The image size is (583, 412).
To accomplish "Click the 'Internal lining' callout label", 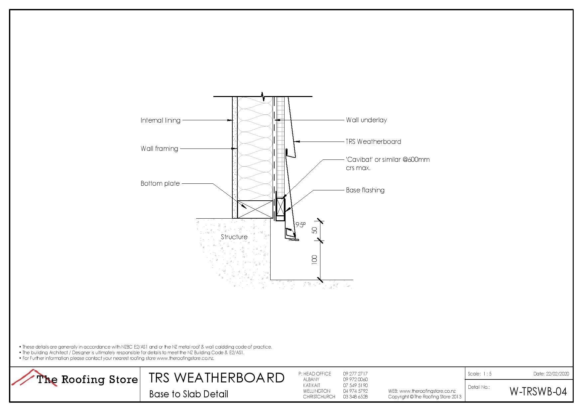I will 160,120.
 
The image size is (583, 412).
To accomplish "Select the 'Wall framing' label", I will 159,149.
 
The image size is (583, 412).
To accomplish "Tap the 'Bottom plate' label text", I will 160,183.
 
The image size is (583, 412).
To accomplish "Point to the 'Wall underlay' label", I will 366,120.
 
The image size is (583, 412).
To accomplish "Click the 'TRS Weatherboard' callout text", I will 373,142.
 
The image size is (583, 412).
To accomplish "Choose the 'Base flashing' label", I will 365,190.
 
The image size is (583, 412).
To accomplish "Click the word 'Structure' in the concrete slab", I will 234,237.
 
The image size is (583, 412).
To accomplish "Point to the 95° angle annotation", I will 300,225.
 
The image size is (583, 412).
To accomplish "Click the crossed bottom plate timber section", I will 255,209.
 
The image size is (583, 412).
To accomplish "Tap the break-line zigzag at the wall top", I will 263,96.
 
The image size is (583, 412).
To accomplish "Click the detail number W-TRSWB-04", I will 538,392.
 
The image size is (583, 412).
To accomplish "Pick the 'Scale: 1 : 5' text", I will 479,374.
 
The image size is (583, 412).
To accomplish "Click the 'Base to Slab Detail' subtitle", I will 188,394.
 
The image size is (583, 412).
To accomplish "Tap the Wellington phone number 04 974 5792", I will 355,391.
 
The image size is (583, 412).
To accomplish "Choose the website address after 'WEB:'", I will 427,391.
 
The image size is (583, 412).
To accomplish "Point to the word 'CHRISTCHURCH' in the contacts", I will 319,397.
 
